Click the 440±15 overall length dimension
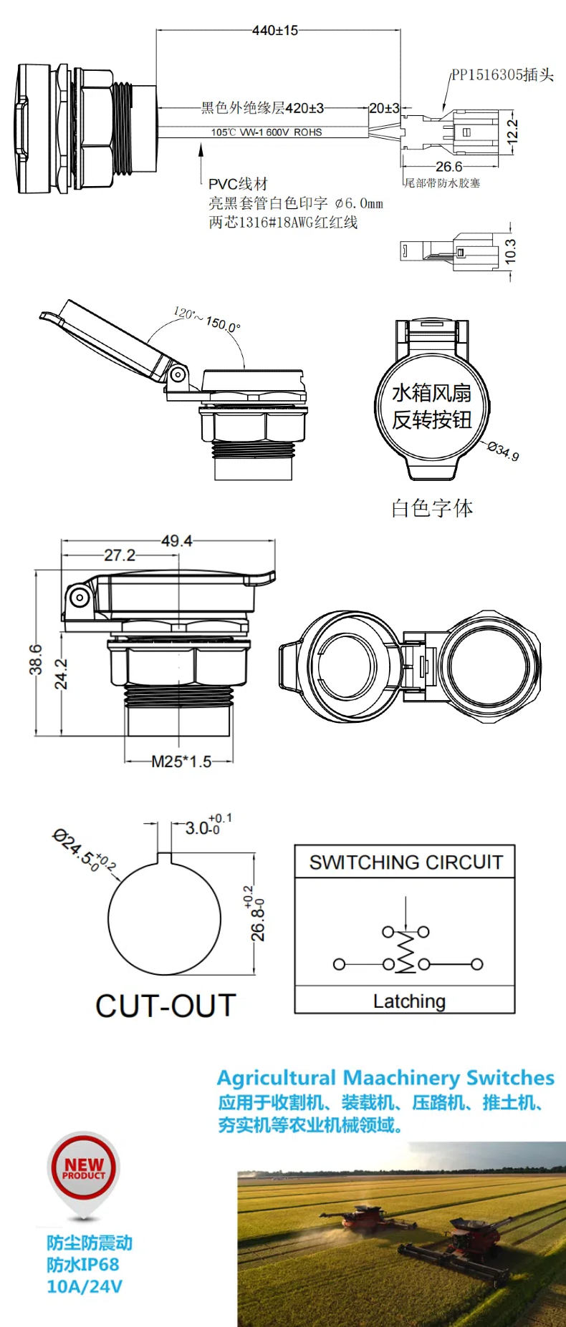click(275, 30)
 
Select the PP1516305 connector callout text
click(502, 75)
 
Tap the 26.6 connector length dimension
click(449, 166)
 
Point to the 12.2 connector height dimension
click(512, 131)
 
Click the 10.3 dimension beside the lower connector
click(510, 251)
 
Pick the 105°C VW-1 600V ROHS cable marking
click(266, 132)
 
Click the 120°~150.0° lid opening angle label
click(207, 319)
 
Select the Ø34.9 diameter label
click(503, 451)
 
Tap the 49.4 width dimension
click(176, 541)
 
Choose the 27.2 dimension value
click(119, 555)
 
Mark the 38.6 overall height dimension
click(36, 659)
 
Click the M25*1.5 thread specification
click(181, 762)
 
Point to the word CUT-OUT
click(166, 1006)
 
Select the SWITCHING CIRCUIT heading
click(406, 862)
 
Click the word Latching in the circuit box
click(409, 1001)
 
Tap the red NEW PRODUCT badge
click(84, 1169)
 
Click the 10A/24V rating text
click(85, 1286)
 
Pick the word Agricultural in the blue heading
click(277, 1078)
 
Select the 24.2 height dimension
click(62, 674)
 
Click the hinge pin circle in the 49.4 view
click(79, 598)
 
